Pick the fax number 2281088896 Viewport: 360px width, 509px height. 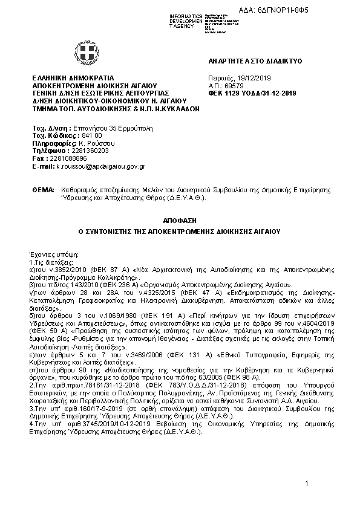point(64,158)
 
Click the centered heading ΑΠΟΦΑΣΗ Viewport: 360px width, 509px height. point(179,221)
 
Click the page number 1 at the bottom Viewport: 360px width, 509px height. point(307,483)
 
